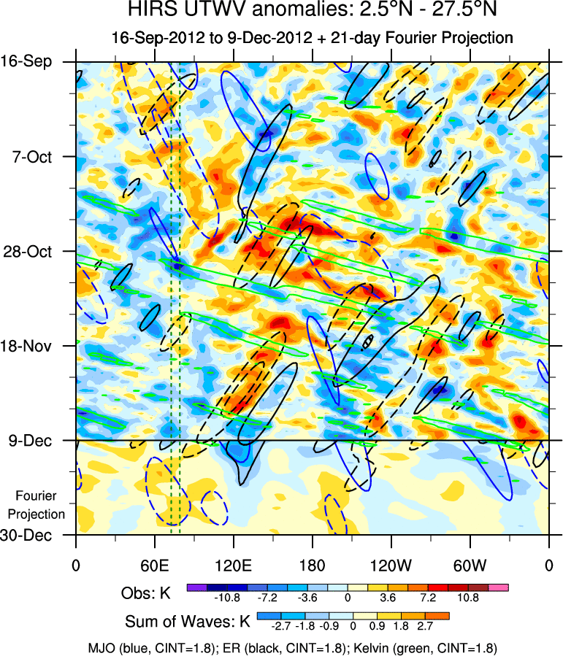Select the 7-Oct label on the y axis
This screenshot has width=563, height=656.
(x=30, y=157)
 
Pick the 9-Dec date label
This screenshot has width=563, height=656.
(x=30, y=440)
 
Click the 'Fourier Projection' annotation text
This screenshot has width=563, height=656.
(x=40, y=505)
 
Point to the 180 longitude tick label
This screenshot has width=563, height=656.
(x=312, y=565)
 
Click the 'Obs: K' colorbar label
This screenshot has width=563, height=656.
(x=146, y=593)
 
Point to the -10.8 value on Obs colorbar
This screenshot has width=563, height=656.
(x=226, y=598)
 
